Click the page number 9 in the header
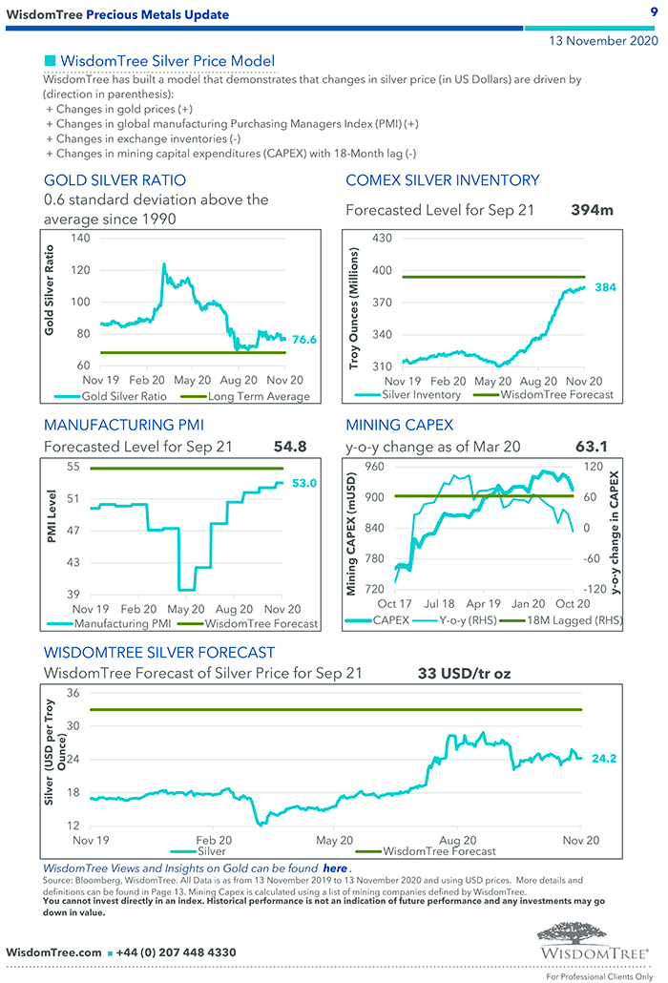tap(654, 11)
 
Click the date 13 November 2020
tap(602, 41)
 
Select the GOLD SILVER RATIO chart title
tap(115, 180)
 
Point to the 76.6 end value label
tap(304, 339)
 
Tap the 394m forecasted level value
tap(592, 210)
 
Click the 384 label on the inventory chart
tap(605, 287)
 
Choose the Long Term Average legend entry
tap(259, 396)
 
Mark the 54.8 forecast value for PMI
tap(290, 446)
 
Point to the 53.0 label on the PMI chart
tap(304, 484)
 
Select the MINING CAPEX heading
tap(399, 425)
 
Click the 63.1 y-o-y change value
tap(593, 446)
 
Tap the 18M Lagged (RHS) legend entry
tap(572, 619)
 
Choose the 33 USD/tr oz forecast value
tap(464, 674)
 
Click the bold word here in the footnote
tap(335, 868)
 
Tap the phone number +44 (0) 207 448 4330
tap(176, 952)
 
